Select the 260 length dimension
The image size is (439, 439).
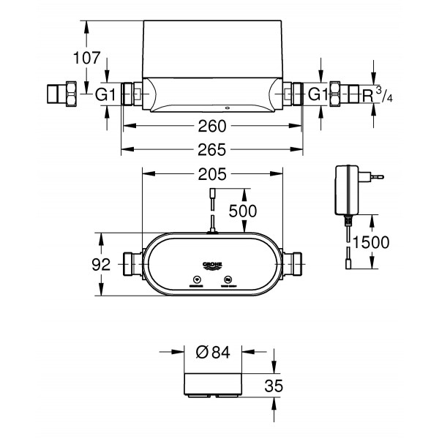[x=211, y=126]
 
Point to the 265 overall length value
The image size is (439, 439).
[x=211, y=150]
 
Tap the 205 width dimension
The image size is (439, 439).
[x=211, y=174]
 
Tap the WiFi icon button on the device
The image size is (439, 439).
[x=196, y=279]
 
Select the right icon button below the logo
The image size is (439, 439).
[x=228, y=279]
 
